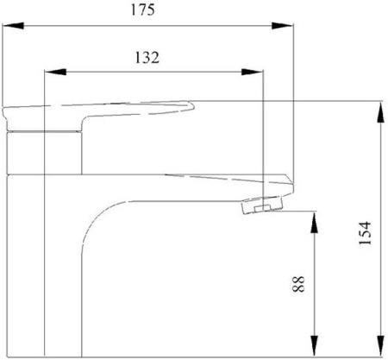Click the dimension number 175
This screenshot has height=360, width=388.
pos(142,9)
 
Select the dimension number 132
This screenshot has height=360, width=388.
pos(147,57)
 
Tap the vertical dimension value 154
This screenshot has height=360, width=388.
pos(365,233)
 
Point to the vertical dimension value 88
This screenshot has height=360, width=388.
pos(298,284)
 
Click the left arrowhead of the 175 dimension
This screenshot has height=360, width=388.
pos(13,26)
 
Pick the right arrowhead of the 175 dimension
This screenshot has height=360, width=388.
pos(283,26)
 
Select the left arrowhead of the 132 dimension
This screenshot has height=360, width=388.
pos(56,72)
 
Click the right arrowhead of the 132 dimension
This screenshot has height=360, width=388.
pos(252,72)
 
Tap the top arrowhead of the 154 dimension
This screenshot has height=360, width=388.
pos(380,113)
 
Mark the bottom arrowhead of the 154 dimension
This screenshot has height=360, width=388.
pos(380,346)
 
